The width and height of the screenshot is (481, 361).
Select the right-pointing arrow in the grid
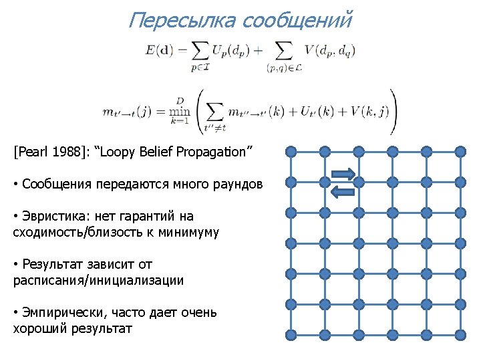[342, 174]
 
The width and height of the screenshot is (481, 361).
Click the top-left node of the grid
[291, 151]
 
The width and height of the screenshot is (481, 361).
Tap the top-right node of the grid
[461, 151]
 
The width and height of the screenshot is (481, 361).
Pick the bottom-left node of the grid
[291, 336]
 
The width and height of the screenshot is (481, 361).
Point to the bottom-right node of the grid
[461, 336]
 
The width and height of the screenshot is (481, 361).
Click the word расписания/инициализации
[98, 281]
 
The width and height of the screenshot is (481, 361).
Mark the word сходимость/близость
[77, 232]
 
